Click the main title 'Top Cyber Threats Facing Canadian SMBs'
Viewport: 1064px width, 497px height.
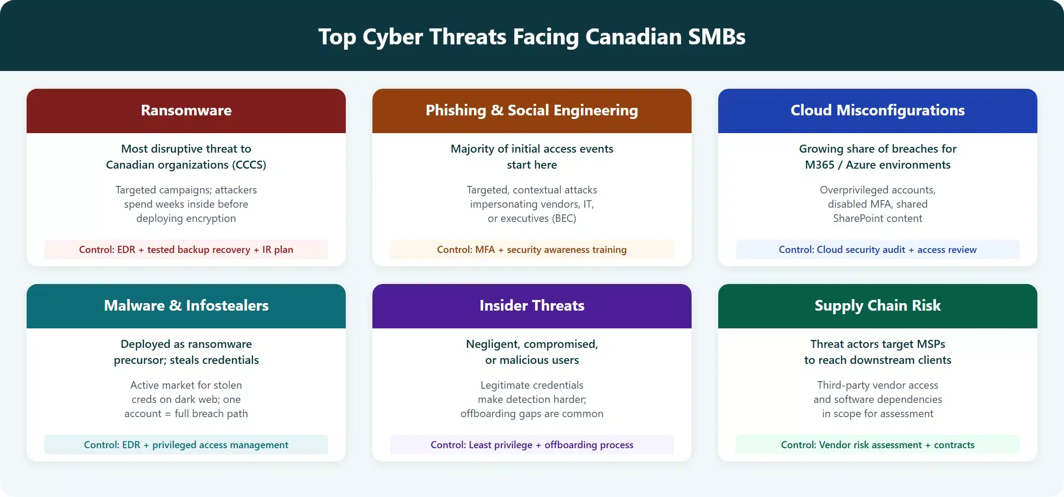click(x=532, y=36)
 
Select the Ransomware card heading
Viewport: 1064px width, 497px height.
click(x=186, y=110)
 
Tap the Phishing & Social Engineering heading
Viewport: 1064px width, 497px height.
click(x=532, y=110)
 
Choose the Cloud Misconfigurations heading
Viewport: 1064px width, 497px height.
click(x=877, y=110)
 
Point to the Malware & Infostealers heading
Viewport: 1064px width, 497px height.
click(x=186, y=305)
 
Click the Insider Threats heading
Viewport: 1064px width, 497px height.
click(x=532, y=305)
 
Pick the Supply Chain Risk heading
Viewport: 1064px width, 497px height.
click(x=877, y=305)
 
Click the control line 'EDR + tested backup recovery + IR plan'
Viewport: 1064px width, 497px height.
click(x=186, y=249)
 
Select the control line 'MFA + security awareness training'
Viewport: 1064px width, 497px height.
click(x=532, y=249)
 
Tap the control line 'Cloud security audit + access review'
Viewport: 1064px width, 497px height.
click(x=877, y=249)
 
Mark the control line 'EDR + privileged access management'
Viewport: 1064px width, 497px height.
click(x=186, y=445)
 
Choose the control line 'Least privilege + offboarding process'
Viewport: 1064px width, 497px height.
click(x=532, y=445)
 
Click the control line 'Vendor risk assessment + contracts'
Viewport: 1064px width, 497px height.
click(x=877, y=445)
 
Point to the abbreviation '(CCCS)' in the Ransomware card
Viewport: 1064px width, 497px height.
click(x=249, y=165)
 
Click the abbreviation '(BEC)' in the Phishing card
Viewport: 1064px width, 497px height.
click(x=563, y=218)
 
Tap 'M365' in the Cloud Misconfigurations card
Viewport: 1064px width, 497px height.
click(x=819, y=165)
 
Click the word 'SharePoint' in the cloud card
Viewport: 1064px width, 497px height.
click(x=855, y=218)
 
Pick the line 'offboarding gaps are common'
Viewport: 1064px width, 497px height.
click(x=532, y=414)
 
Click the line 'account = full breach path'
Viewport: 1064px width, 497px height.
click(x=186, y=414)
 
